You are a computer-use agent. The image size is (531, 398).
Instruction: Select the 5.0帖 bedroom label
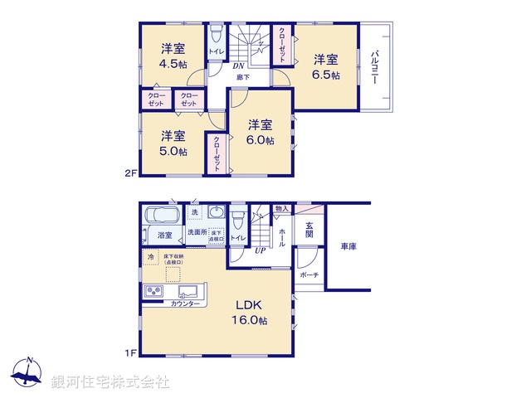pos(173,143)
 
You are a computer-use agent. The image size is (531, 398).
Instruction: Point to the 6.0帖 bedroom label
pos(261,133)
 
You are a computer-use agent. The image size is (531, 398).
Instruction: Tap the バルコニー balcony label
pos(375,66)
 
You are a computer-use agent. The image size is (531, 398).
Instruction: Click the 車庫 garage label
pos(348,247)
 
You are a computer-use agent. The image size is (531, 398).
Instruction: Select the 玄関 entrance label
pos(309,230)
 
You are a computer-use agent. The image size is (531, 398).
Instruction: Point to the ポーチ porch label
pos(309,274)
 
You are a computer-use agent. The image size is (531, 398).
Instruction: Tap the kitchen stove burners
pos(155,292)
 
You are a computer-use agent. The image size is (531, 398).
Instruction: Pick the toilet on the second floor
pos(216,35)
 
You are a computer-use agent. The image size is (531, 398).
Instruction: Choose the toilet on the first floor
pos(238,221)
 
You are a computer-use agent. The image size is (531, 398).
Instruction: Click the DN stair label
pos(237,65)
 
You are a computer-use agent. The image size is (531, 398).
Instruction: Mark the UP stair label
pos(260,250)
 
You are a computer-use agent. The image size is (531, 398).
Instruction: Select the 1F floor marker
pos(129,353)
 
